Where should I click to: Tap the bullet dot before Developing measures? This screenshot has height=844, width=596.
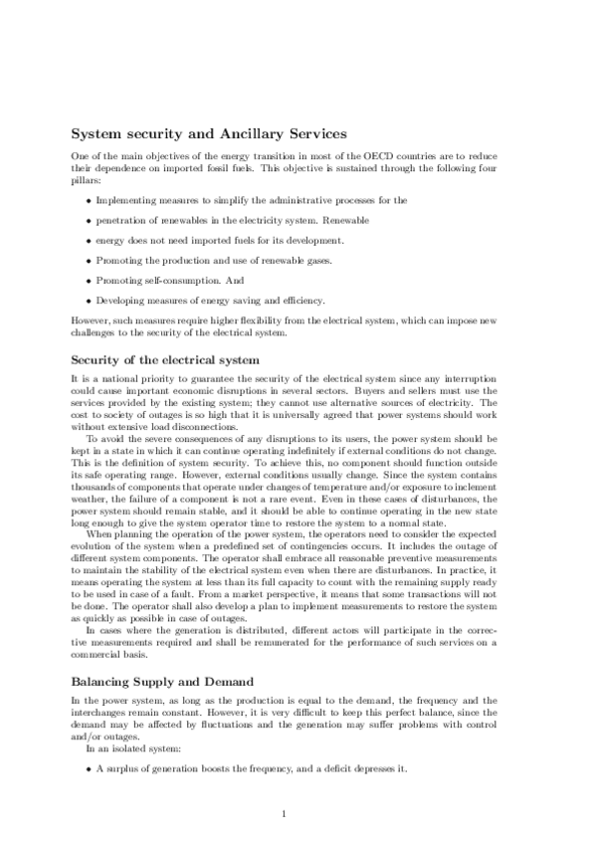click(x=89, y=301)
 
